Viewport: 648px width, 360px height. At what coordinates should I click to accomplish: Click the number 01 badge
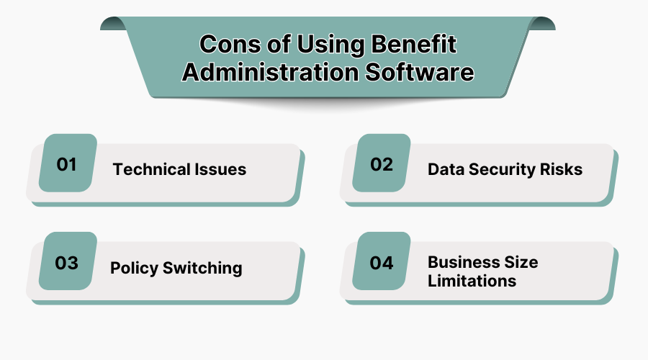[67, 163]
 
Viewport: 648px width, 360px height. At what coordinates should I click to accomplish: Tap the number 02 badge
[382, 163]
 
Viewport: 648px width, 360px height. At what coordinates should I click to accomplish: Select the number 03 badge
[67, 262]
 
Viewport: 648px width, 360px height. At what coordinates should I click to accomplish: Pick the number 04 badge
[382, 262]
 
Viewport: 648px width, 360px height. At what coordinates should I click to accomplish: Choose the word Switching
[202, 269]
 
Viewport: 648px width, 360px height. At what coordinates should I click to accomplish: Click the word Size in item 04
[521, 261]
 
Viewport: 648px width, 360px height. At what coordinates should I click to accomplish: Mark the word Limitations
[472, 281]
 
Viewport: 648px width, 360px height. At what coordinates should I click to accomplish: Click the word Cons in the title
[225, 44]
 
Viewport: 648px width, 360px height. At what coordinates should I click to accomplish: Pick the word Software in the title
[417, 73]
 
